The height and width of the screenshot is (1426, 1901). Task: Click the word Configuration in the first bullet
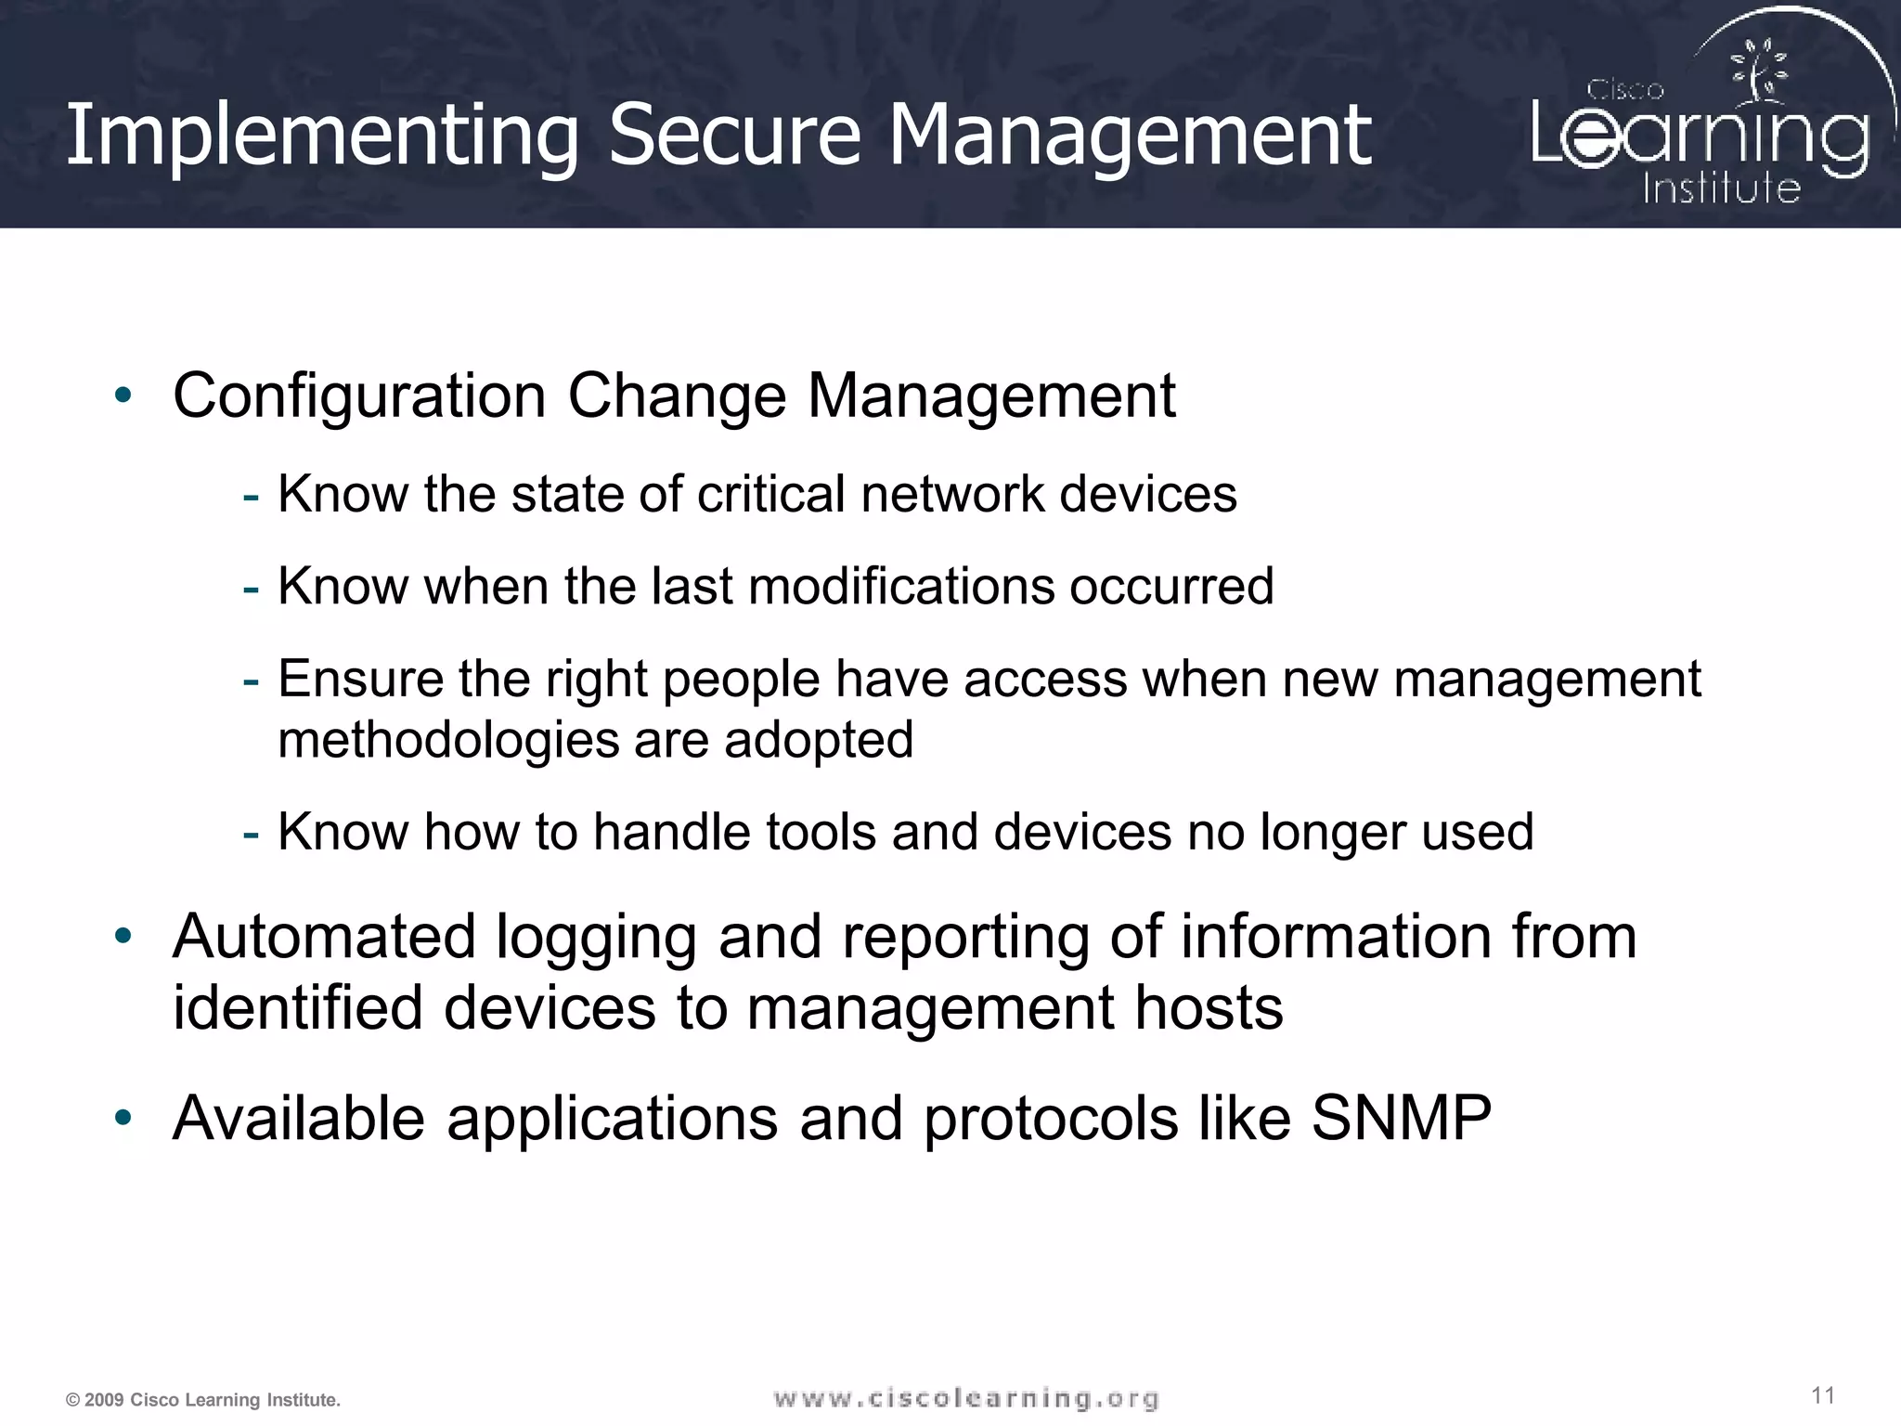pos(359,397)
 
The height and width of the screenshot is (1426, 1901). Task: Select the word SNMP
pos(1401,1118)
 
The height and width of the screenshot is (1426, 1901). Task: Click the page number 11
pos(1823,1395)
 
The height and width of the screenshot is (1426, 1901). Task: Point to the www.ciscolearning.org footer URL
pos(966,1398)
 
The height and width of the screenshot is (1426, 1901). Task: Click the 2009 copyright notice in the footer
pos(203,1400)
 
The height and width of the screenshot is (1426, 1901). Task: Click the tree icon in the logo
pos(1757,70)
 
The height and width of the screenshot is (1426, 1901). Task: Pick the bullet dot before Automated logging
pos(123,936)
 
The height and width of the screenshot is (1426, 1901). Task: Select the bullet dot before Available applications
pos(123,1117)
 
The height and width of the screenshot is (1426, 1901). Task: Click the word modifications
pos(900,587)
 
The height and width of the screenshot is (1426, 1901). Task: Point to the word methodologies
pos(448,741)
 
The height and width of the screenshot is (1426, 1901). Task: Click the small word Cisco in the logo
pos(1624,90)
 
